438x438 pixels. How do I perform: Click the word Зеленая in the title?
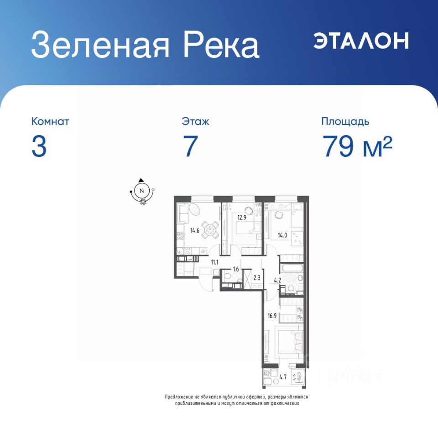click(100, 44)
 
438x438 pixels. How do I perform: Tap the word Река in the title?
click(221, 44)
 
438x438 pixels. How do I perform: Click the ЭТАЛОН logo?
click(361, 41)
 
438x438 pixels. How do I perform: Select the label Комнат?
click(50, 121)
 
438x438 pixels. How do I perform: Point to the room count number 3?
click(39, 146)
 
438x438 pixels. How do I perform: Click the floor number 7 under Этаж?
click(191, 146)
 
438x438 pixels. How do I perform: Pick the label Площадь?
click(345, 122)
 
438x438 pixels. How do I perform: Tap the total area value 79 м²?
click(357, 146)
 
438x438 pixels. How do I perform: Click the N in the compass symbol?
click(141, 191)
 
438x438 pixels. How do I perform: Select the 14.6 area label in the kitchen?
click(195, 230)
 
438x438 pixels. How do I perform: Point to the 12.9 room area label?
click(242, 217)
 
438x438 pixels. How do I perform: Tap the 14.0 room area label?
click(282, 235)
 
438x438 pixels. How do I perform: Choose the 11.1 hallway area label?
click(214, 262)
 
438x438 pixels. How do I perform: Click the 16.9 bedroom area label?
click(272, 316)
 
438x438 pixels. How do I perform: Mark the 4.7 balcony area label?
click(283, 377)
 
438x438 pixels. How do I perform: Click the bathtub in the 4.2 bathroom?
click(292, 269)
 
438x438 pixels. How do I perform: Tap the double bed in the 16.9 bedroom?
click(289, 343)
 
